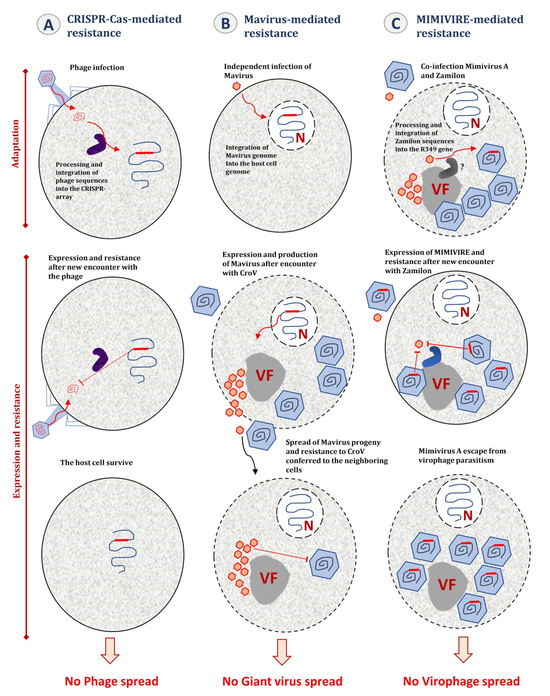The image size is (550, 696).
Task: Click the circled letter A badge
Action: tap(49, 25)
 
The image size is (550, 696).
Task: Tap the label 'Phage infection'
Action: tap(97, 68)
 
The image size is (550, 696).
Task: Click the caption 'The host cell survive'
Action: tap(96, 463)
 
